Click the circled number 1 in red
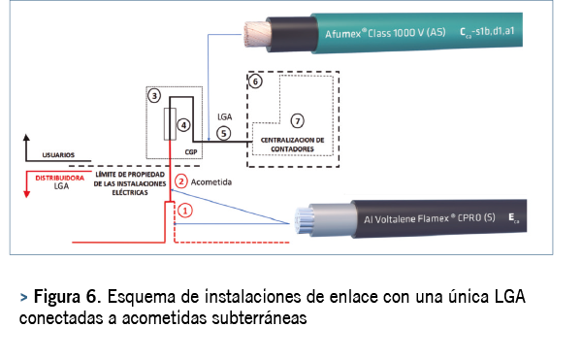tap(185, 211)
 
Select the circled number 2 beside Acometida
tap(181, 181)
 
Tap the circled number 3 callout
tap(154, 96)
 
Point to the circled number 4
tap(183, 125)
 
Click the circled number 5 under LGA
tap(223, 134)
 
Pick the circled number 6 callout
tap(255, 82)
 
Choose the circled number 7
tap(298, 121)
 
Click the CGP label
tap(191, 152)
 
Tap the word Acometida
tap(211, 182)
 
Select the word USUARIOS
tap(58, 155)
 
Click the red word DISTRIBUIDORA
tap(60, 179)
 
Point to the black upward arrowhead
tap(26, 138)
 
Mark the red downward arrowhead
tap(27, 194)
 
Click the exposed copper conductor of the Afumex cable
tap(257, 34)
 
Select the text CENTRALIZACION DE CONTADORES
tap(293, 145)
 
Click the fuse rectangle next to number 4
tap(170, 124)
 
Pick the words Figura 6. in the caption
tap(68, 296)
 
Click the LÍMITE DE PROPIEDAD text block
tap(130, 183)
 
